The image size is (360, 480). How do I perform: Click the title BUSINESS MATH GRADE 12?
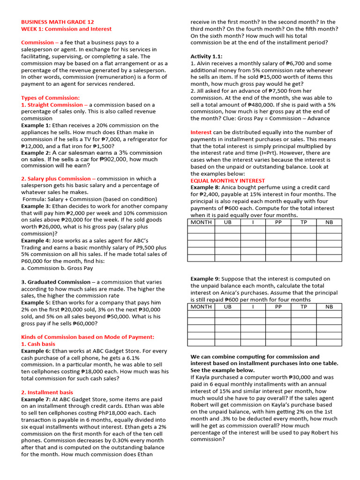tap(57, 22)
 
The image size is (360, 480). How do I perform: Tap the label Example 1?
tap(36, 126)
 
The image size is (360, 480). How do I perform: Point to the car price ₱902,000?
tap(118, 159)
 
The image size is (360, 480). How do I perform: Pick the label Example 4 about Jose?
tap(36, 240)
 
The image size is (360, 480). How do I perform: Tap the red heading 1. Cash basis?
tap(38, 344)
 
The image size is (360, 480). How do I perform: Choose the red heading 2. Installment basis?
tap(47, 392)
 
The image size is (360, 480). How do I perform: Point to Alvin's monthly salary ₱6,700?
tap(311, 63)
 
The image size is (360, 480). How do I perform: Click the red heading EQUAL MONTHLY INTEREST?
tap(227, 180)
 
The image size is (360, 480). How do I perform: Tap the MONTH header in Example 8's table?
tap(201, 222)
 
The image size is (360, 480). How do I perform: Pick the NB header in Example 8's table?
tap(329, 222)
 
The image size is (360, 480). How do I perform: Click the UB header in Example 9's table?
tap(228, 307)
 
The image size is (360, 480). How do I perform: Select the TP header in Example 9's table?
tap(304, 307)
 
